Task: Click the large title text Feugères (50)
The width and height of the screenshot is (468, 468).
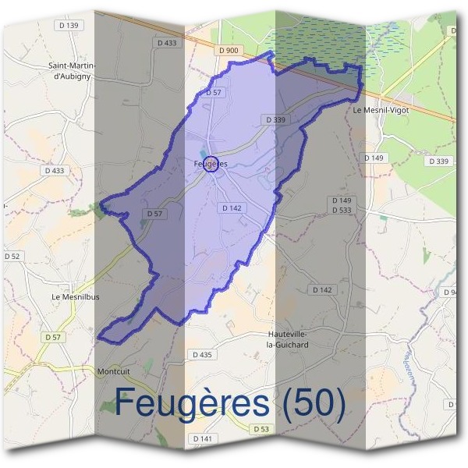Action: pyautogui.click(x=230, y=403)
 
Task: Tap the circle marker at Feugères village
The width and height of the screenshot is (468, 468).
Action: pyautogui.click(x=210, y=164)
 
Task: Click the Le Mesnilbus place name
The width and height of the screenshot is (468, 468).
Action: pyautogui.click(x=76, y=297)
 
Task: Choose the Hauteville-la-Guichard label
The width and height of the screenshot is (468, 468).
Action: pyautogui.click(x=287, y=339)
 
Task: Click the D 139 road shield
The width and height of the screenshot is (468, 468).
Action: pyautogui.click(x=69, y=26)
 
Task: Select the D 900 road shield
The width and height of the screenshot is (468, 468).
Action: pyautogui.click(x=228, y=50)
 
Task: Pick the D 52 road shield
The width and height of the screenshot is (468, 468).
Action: pyautogui.click(x=12, y=256)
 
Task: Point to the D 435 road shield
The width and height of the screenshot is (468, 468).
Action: pyautogui.click(x=201, y=355)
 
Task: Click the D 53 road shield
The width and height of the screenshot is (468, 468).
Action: pyautogui.click(x=261, y=430)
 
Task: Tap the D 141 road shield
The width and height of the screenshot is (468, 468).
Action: pyautogui.click(x=201, y=439)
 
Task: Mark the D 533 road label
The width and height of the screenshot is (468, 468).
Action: pyautogui.click(x=342, y=210)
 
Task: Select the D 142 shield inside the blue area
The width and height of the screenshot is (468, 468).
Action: pyautogui.click(x=232, y=208)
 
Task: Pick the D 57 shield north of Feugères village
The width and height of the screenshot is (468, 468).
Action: pyautogui.click(x=214, y=92)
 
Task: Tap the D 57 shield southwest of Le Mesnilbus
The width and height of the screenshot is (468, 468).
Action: pyautogui.click(x=53, y=337)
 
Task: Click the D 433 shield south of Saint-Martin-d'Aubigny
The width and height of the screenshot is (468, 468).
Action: pyautogui.click(x=55, y=170)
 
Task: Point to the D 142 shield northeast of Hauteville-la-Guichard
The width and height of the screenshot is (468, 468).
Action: pyautogui.click(x=322, y=289)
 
